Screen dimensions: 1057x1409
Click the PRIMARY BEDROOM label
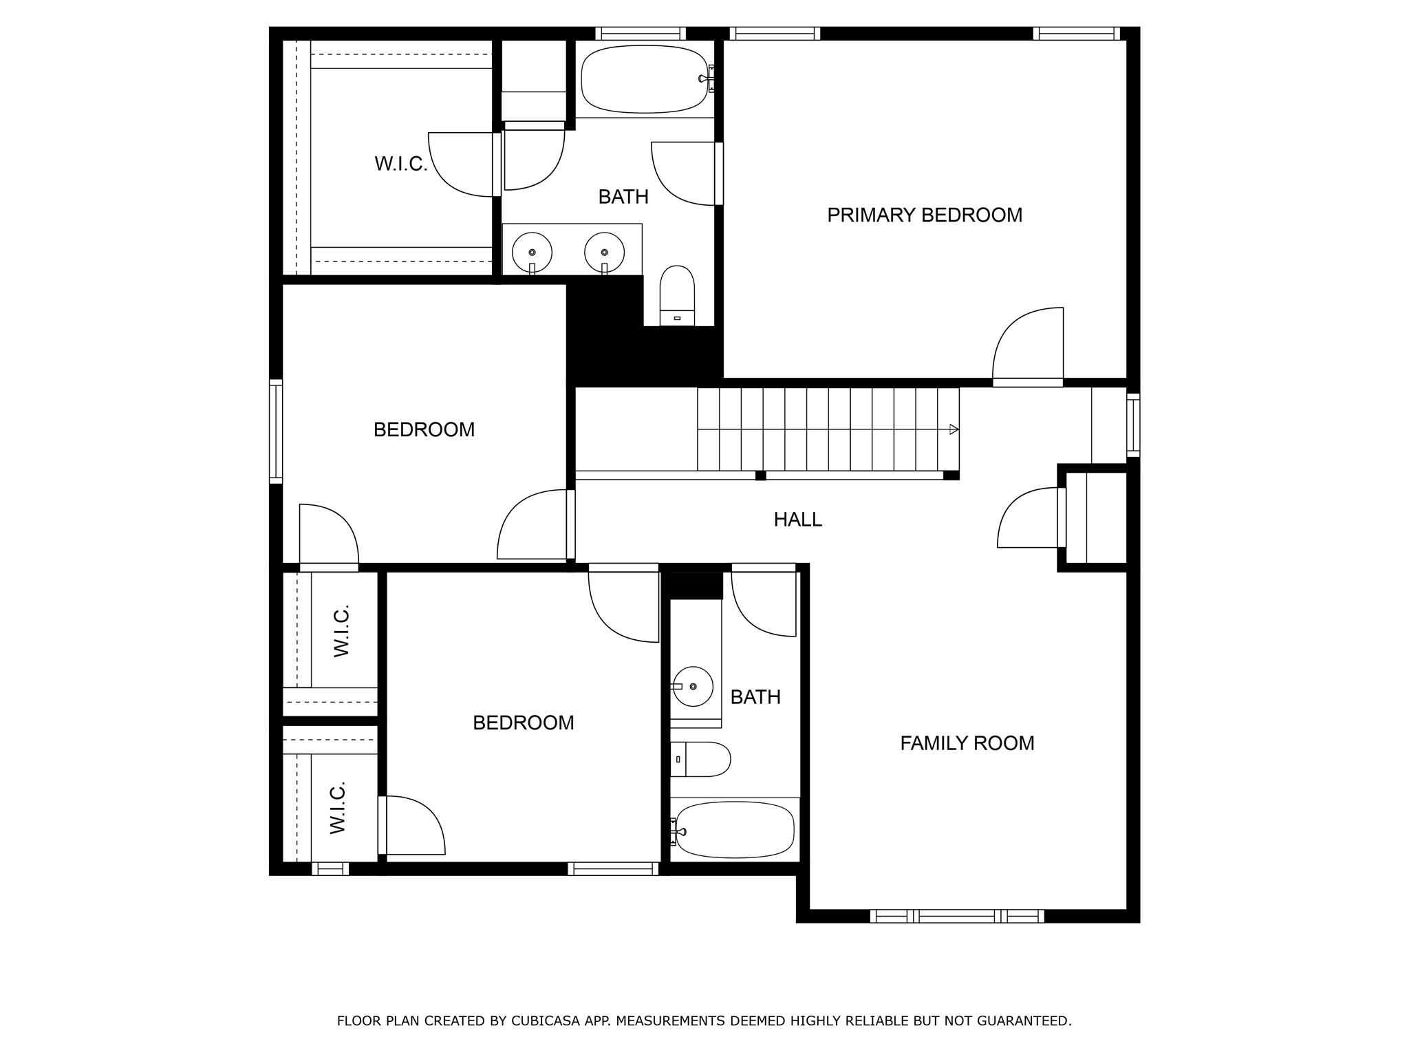pyautogui.click(x=924, y=215)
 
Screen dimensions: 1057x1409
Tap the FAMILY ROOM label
pyautogui.click(x=967, y=743)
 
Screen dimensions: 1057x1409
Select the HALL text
pyautogui.click(x=797, y=520)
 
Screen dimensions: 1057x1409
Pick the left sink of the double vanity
pyautogui.click(x=532, y=252)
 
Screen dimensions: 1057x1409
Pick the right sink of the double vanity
pyautogui.click(x=604, y=252)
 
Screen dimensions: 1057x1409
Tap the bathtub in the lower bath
pyautogui.click(x=735, y=829)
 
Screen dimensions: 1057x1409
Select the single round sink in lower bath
pyautogui.click(x=692, y=687)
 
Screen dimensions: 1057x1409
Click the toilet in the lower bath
pyautogui.click(x=700, y=759)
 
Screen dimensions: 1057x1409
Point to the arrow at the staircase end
pyautogui.click(x=954, y=429)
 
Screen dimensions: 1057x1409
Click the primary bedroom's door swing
pyautogui.click(x=1026, y=344)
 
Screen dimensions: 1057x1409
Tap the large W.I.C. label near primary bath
pyautogui.click(x=400, y=164)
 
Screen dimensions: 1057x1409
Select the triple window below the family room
pyautogui.click(x=956, y=916)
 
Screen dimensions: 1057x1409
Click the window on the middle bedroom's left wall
pyautogui.click(x=275, y=431)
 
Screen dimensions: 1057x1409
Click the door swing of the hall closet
pyautogui.click(x=1027, y=517)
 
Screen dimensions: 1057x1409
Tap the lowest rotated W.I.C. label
pyautogui.click(x=337, y=807)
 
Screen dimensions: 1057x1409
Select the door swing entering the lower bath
pyautogui.click(x=764, y=603)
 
